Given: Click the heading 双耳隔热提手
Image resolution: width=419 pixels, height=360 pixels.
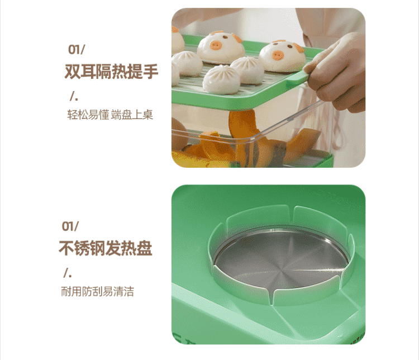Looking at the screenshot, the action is [x=111, y=72].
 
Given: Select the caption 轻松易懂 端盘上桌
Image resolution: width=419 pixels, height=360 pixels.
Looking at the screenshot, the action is [x=110, y=115].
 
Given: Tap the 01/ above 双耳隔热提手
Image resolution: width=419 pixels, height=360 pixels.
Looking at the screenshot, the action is [x=77, y=50].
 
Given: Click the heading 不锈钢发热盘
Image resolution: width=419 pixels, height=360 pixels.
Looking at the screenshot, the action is [x=106, y=248].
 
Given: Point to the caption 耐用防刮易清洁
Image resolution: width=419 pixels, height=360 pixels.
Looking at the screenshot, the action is [x=98, y=291].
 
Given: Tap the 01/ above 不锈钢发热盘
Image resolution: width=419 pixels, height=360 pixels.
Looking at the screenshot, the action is [x=70, y=226].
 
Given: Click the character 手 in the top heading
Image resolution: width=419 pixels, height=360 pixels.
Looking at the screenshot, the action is [x=151, y=72].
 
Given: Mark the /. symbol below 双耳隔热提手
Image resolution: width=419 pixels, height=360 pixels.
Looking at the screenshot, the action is [x=74, y=96].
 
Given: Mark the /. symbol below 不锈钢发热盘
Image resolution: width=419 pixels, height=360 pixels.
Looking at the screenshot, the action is [x=68, y=273].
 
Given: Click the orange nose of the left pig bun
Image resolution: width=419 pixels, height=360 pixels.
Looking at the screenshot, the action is [x=216, y=45].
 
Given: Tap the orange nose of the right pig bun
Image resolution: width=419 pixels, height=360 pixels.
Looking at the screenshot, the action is [x=278, y=55].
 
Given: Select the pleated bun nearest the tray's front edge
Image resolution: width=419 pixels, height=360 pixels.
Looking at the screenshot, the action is [x=222, y=80].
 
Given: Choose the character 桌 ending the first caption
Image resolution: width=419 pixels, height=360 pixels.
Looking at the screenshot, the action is [x=148, y=115].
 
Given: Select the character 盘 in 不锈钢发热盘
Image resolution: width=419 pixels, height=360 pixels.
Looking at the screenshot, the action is [x=145, y=248].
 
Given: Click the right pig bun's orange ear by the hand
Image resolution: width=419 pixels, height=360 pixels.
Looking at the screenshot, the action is [x=299, y=48].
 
